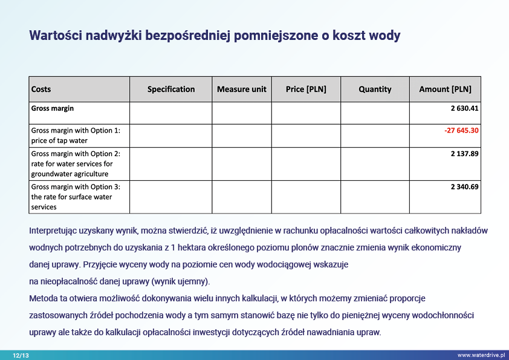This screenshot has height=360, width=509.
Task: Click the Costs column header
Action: [41, 90]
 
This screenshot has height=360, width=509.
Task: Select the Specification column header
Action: [171, 90]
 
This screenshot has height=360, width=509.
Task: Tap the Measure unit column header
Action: [242, 90]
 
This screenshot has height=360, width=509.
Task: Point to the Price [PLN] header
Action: [306, 90]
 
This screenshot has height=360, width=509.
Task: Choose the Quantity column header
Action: [375, 90]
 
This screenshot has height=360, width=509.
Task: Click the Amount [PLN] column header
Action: [445, 90]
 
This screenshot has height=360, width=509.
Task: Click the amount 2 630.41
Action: [464, 109]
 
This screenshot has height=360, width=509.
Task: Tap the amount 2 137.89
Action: [464, 154]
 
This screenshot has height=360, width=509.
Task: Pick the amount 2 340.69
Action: [464, 187]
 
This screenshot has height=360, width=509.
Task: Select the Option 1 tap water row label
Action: [76, 136]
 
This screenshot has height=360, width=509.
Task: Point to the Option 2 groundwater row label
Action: [76, 164]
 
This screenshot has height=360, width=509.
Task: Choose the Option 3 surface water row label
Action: [76, 197]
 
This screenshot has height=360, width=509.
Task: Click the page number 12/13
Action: [21, 356]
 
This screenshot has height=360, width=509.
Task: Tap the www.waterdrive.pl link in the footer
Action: [481, 356]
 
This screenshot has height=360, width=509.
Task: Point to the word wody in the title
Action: [384, 36]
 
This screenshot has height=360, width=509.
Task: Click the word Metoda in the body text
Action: [42, 299]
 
